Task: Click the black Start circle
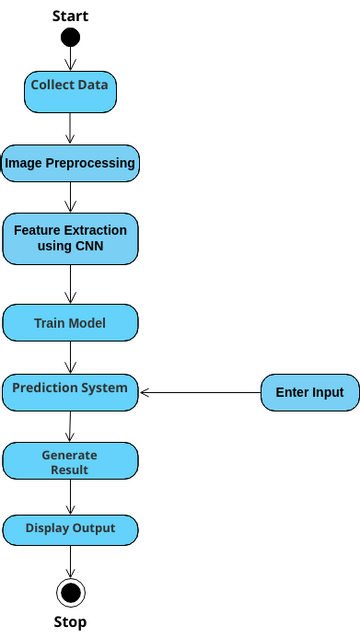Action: [x=70, y=37]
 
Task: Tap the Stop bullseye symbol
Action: [x=70, y=593]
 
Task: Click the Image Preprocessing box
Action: [x=70, y=163]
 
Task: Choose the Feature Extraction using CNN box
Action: [x=70, y=239]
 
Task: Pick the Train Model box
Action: [x=70, y=324]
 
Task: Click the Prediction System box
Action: [x=70, y=390]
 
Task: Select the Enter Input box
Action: [x=309, y=392]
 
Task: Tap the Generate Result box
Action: [x=70, y=461]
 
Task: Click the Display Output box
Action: [x=70, y=528]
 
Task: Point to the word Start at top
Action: [x=70, y=16]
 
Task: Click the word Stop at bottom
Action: [x=70, y=622]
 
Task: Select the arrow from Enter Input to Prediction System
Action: [x=200, y=393]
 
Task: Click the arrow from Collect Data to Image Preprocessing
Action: [x=70, y=128]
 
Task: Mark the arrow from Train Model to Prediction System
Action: [x=70, y=357]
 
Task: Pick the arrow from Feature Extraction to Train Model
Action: [x=70, y=285]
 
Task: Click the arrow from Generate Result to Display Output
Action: [x=70, y=495]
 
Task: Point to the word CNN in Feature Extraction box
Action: [x=90, y=246]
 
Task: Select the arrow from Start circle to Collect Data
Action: [x=70, y=58]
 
